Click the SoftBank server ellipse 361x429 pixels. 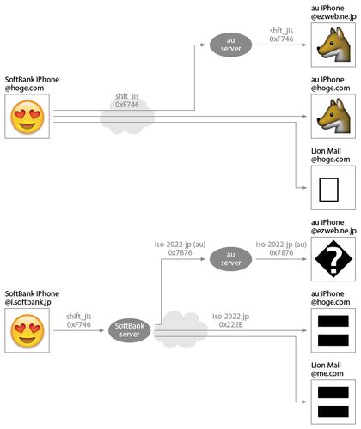click(130, 330)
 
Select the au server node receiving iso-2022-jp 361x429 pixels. click(230, 259)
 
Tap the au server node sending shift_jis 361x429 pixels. click(230, 45)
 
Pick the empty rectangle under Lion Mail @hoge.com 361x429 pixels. click(328, 190)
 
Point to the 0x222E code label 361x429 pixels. click(230, 324)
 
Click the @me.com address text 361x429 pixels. click(327, 373)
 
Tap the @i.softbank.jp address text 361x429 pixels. click(28, 302)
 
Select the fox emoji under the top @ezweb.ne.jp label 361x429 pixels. click(334, 45)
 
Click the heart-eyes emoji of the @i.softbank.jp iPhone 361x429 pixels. click(28, 330)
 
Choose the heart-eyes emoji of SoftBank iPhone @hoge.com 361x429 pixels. click(28, 117)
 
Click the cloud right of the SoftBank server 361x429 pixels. click(180, 329)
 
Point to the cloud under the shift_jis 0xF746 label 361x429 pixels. click(127, 116)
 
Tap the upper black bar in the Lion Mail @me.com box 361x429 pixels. click(333, 392)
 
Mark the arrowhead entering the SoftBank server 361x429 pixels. click(101, 330)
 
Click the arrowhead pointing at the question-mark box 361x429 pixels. click(304, 259)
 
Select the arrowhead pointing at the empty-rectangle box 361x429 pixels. click(304, 188)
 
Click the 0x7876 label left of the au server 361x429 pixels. click(180, 252)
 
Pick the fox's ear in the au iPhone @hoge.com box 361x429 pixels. click(339, 106)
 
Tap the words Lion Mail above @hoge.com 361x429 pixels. click(326, 151)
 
